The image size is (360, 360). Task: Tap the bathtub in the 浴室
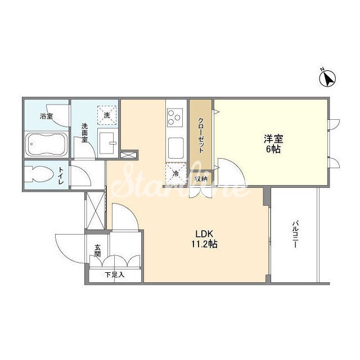[46, 144]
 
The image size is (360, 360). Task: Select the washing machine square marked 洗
[107, 115]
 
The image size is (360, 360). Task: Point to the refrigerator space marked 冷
[176, 174]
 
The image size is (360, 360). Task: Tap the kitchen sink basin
[176, 148]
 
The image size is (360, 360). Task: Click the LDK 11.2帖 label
[204, 239]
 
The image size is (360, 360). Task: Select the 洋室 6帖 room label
[273, 144]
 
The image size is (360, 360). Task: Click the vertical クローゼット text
[201, 135]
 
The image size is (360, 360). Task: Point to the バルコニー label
[295, 234]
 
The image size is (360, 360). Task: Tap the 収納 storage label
[201, 179]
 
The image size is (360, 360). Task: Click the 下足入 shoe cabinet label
[115, 274]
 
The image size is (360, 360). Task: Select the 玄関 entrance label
[98, 251]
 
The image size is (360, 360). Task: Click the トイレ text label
[61, 175]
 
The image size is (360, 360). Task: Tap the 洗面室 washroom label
[84, 133]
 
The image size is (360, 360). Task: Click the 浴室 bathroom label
[46, 116]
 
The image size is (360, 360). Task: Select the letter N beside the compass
[322, 69]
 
